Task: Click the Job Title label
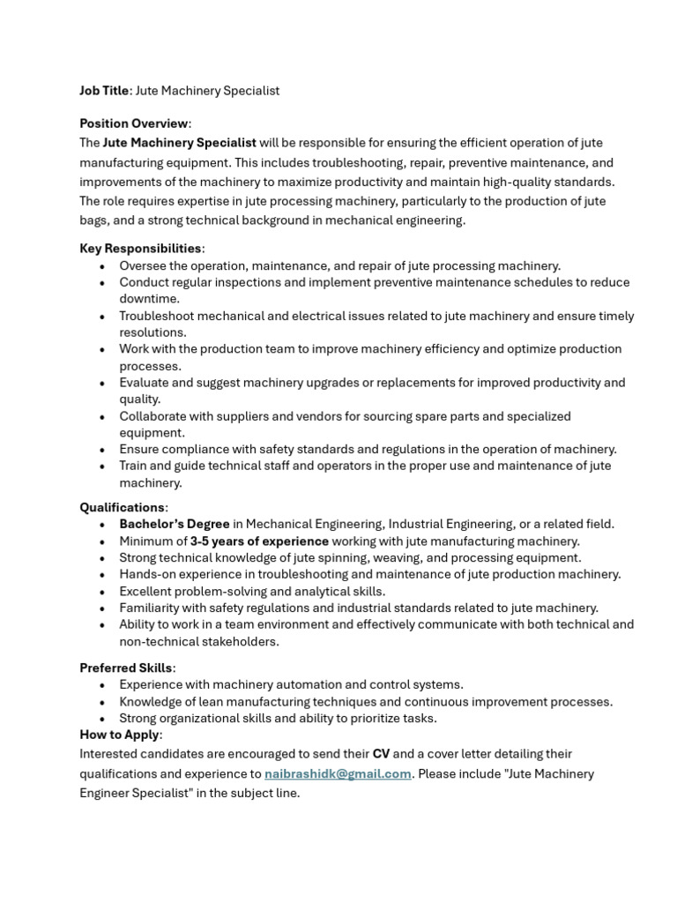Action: [104, 91]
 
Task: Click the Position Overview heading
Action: [134, 123]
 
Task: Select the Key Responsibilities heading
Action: [140, 249]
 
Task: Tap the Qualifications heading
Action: [122, 508]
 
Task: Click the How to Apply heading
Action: [120, 735]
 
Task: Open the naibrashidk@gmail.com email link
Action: [338, 774]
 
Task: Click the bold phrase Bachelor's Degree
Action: [175, 525]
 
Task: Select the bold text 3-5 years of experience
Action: [259, 541]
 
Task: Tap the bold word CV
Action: [381, 754]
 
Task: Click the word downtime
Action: [149, 299]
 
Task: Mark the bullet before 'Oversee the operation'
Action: [103, 265]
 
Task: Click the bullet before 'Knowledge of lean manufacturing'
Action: [103, 702]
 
